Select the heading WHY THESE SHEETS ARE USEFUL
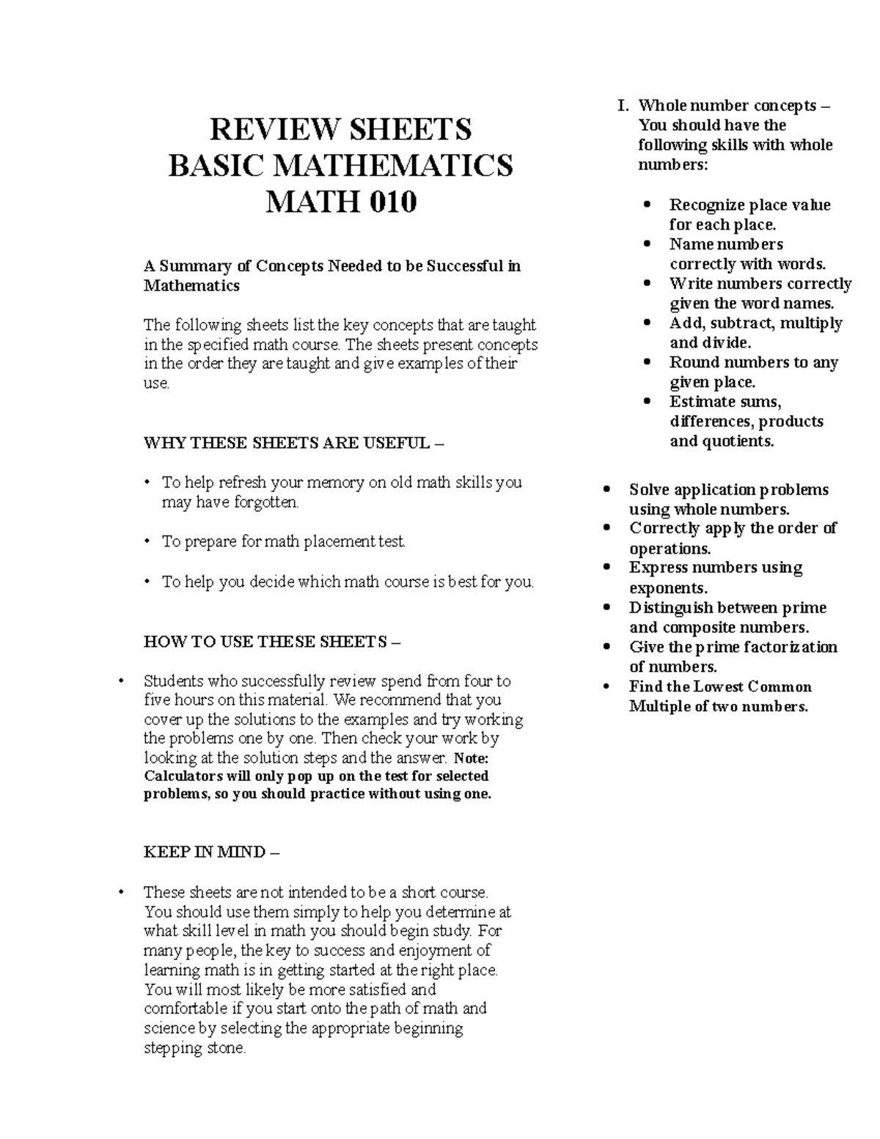point(293,443)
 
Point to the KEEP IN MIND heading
point(211,852)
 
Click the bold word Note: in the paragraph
point(471,758)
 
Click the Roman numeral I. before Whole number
point(623,106)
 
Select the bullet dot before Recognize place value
point(647,205)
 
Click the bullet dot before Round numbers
point(647,362)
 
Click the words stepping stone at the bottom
point(194,1048)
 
